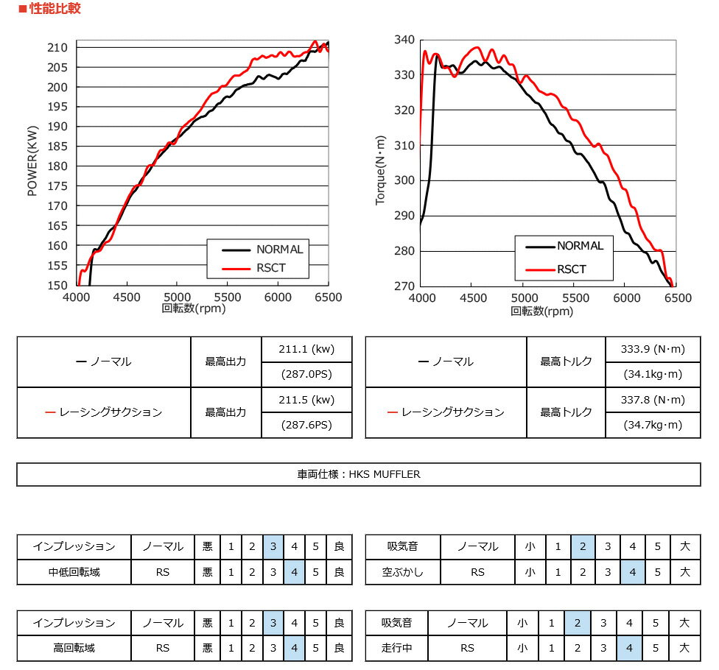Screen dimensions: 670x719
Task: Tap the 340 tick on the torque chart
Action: [x=404, y=39]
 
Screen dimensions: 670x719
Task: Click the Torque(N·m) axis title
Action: [x=380, y=170]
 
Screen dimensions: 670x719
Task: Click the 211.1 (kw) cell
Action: [x=306, y=349]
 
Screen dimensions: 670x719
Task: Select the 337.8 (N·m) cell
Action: [x=653, y=400]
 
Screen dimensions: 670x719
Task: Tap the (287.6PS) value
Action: [x=306, y=425]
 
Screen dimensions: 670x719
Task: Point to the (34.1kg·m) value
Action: [x=653, y=374]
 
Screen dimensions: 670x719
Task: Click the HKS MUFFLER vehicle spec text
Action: [x=358, y=474]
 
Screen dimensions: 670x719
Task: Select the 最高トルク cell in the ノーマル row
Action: [x=566, y=362]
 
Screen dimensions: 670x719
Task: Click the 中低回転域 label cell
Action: [x=74, y=572]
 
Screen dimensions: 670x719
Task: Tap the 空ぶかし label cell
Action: [x=402, y=572]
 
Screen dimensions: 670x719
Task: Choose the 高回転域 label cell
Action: [x=74, y=648]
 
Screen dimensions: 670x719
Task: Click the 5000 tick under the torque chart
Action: [x=524, y=298]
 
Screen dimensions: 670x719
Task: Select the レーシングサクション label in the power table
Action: [x=104, y=412]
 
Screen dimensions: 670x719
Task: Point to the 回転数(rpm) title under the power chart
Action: [x=194, y=308]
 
